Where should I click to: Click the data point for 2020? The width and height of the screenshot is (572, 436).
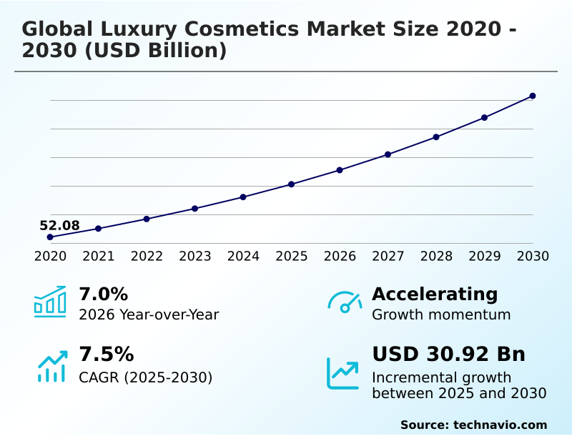pyautogui.click(x=50, y=237)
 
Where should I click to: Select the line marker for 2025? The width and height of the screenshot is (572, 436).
pyautogui.click(x=292, y=184)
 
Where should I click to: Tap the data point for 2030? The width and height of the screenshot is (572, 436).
pyautogui.click(x=533, y=96)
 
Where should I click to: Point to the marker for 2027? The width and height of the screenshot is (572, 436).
pyautogui.click(x=388, y=154)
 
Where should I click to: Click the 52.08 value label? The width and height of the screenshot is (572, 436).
pyautogui.click(x=59, y=226)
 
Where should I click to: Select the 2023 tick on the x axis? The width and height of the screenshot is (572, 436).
pyautogui.click(x=195, y=256)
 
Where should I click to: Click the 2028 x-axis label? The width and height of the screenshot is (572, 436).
pyautogui.click(x=436, y=256)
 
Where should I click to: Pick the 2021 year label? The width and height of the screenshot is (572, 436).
pyautogui.click(x=99, y=256)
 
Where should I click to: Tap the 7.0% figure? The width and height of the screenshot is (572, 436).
pyautogui.click(x=103, y=294)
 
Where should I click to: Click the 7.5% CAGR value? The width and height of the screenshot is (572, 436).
pyautogui.click(x=106, y=355)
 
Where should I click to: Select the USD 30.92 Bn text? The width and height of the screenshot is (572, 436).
pyautogui.click(x=448, y=355)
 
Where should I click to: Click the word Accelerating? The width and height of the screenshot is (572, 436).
pyautogui.click(x=435, y=294)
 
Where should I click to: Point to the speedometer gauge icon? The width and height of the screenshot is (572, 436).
pyautogui.click(x=345, y=302)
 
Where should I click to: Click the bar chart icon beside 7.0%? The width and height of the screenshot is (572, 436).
pyautogui.click(x=50, y=302)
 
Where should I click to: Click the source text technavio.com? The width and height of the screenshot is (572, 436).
pyautogui.click(x=500, y=425)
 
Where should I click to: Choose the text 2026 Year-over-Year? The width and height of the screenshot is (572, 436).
pyautogui.click(x=149, y=314)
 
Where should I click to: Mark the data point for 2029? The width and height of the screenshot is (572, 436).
pyautogui.click(x=484, y=117)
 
